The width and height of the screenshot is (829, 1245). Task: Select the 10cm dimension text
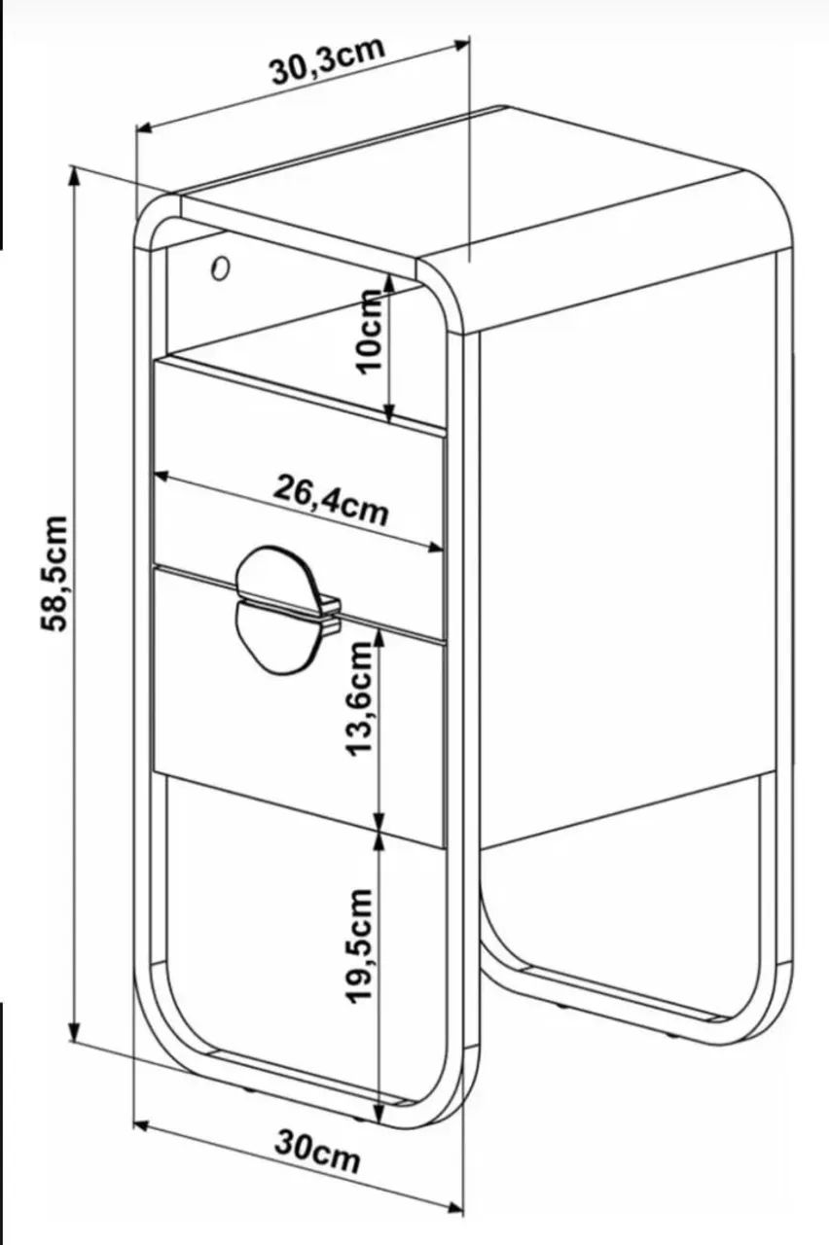pyautogui.click(x=369, y=332)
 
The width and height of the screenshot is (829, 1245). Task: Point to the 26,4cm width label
pyautogui.click(x=330, y=499)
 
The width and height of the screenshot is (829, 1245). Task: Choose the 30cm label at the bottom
pyautogui.click(x=317, y=1151)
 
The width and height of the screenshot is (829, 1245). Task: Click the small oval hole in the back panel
pyautogui.click(x=220, y=267)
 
